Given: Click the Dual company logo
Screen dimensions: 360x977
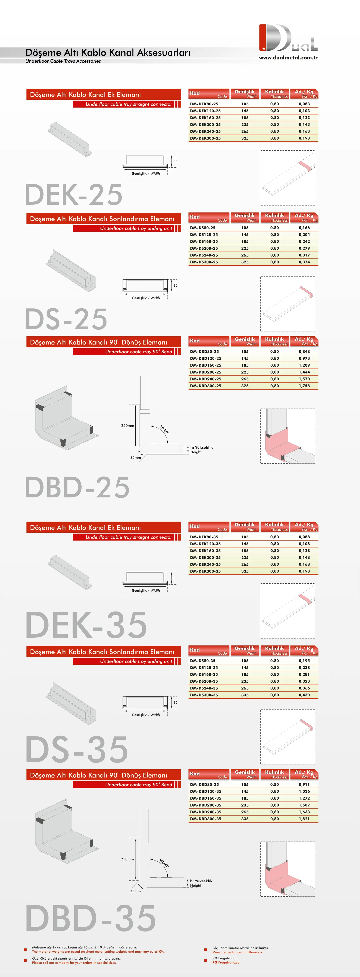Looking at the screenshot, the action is [x=288, y=38].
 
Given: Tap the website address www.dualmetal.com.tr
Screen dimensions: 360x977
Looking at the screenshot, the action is [x=288, y=58].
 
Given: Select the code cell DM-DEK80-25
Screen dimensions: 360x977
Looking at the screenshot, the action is [x=204, y=104].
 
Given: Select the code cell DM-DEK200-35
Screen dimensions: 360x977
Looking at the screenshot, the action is [x=205, y=558].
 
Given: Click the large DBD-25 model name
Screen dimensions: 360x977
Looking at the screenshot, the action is [x=77, y=487].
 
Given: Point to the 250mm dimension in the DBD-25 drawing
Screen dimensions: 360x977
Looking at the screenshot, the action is [x=128, y=426].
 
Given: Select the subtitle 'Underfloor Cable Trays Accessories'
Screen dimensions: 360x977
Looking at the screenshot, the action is [x=63, y=61].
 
